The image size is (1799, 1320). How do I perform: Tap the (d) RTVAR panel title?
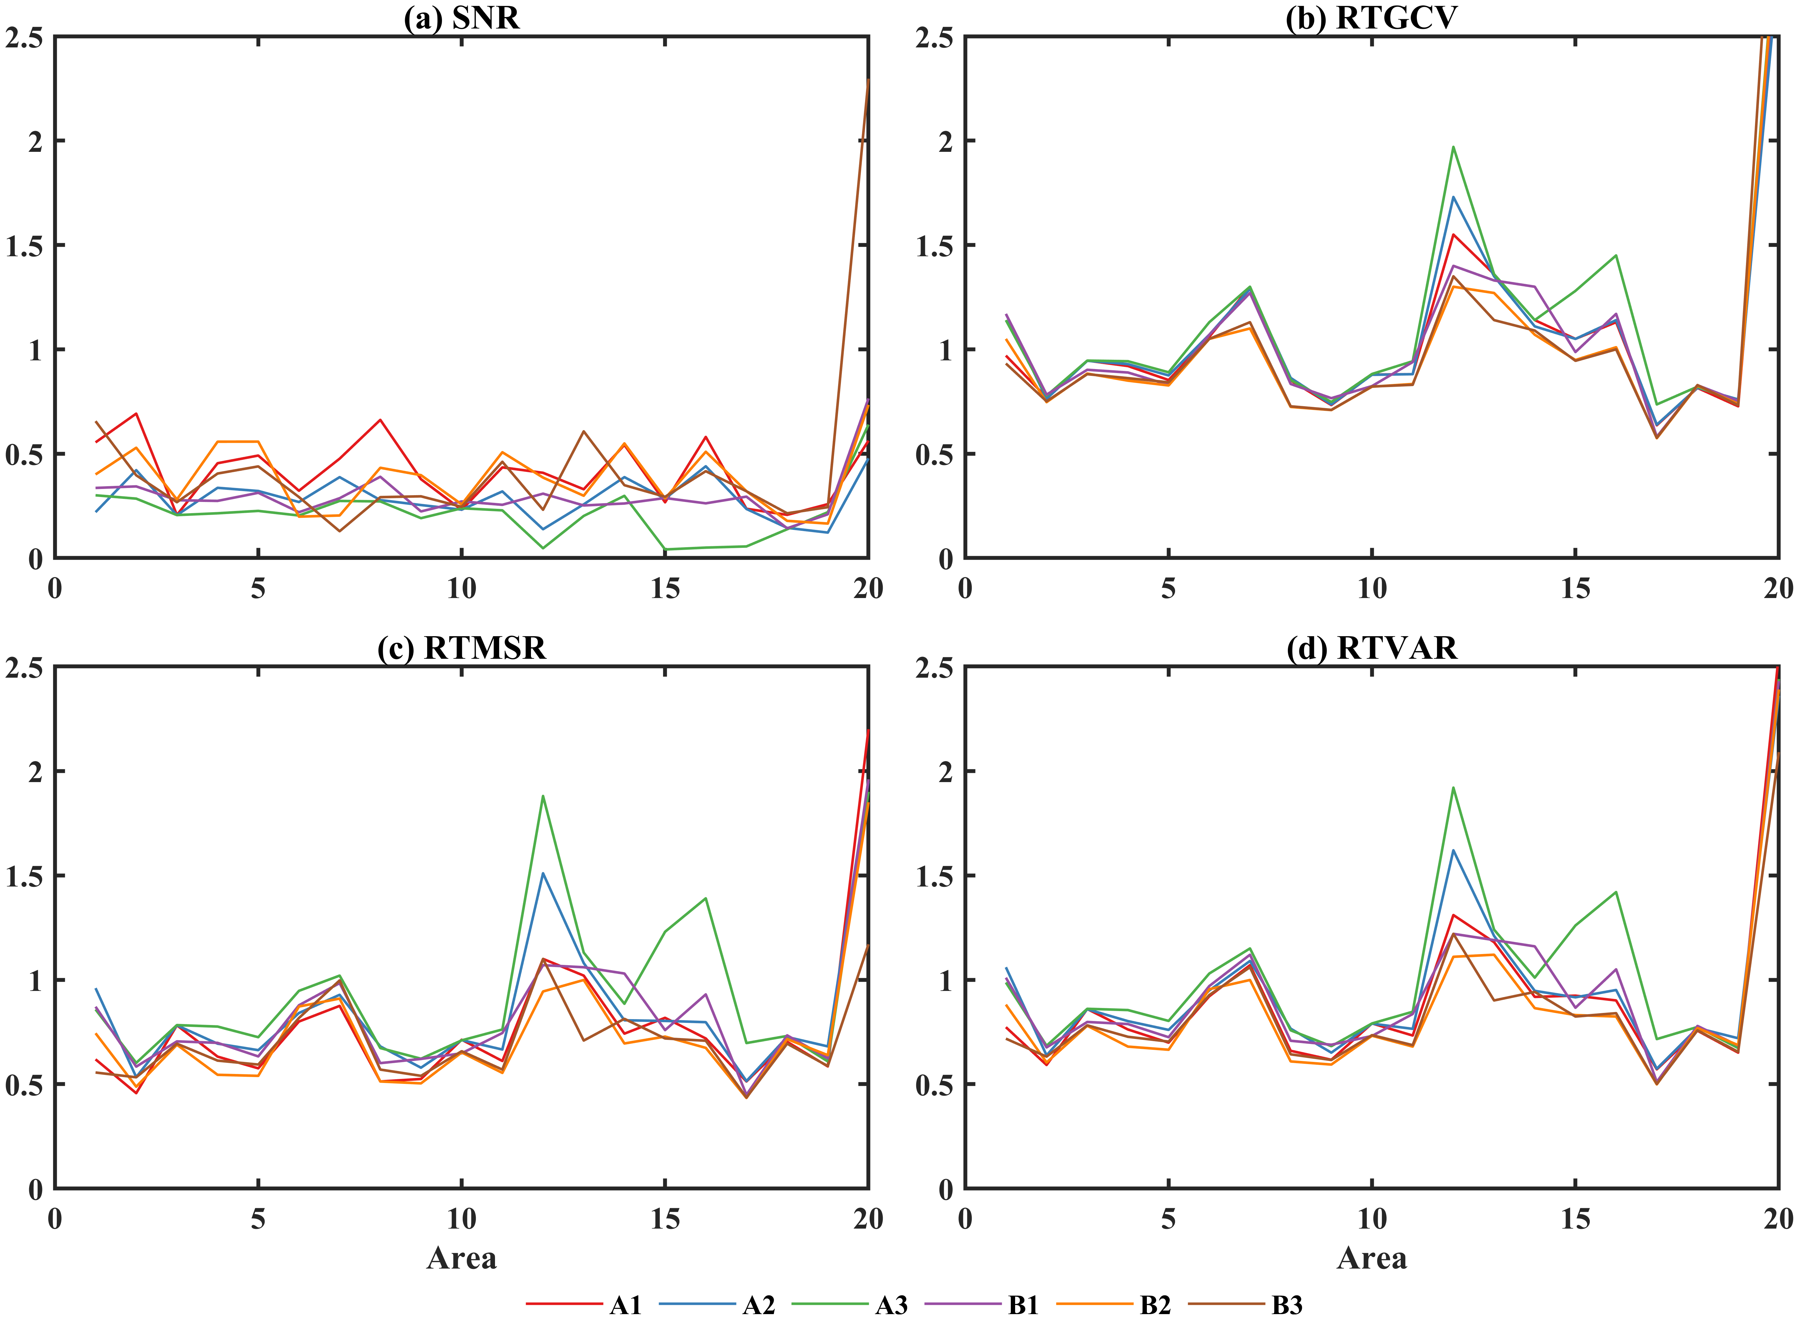(1372, 647)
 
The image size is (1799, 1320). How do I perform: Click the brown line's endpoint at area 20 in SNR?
(868, 80)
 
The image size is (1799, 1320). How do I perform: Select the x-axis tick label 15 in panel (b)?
(1575, 589)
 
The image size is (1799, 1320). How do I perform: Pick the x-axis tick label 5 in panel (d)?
(1169, 1219)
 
